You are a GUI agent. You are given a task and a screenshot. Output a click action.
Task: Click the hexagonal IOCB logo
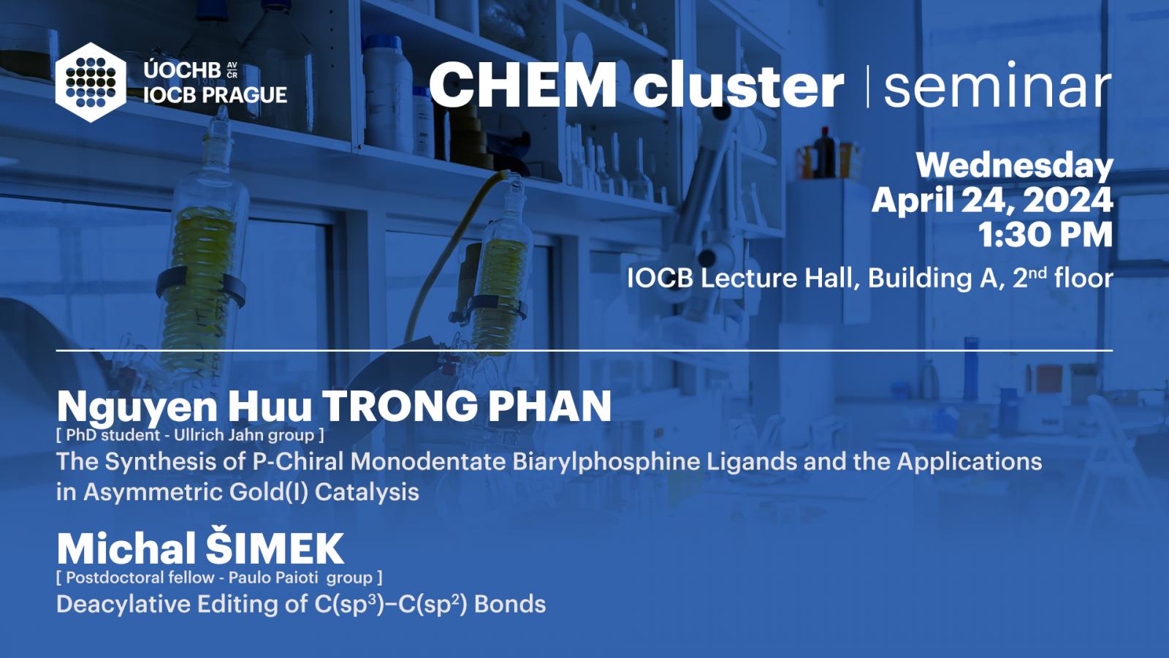tap(91, 83)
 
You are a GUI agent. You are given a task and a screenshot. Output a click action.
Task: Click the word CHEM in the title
tap(523, 85)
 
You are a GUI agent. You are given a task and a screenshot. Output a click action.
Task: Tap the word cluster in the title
tap(739, 85)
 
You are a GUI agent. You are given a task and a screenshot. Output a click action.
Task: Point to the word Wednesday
tap(1015, 167)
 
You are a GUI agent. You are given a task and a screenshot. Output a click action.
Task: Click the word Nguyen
tap(137, 408)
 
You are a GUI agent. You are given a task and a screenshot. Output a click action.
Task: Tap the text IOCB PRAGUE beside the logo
tap(215, 95)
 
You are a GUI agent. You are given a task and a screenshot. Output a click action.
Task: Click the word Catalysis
tap(367, 493)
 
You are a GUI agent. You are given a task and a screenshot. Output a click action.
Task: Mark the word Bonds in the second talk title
tap(510, 604)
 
